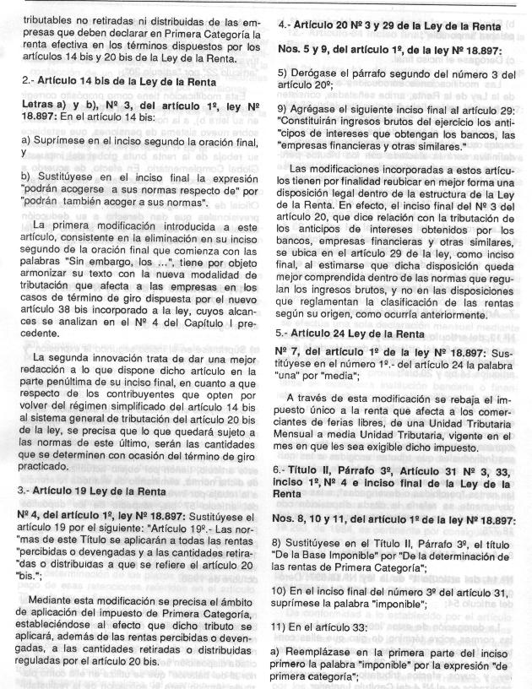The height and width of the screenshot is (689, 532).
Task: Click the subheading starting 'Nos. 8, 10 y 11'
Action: point(396,517)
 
